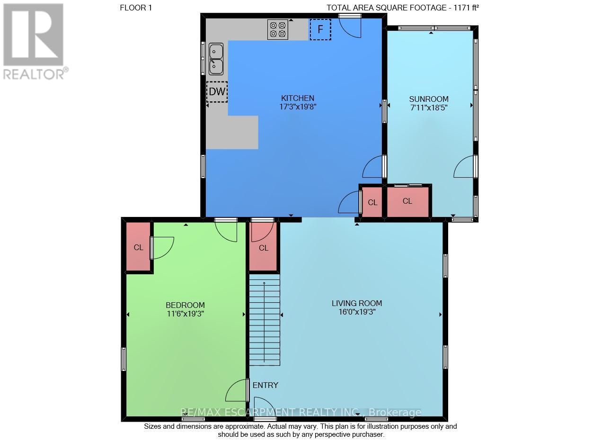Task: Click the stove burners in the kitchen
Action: point(278,29)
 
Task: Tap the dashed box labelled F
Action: point(320,29)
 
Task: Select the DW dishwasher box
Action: point(217,92)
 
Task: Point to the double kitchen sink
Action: point(216,59)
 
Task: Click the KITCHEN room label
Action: point(298,98)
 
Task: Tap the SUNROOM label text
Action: point(429,99)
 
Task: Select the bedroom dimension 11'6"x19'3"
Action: point(186,314)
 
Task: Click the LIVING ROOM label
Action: point(357,304)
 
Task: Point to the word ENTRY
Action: point(265,385)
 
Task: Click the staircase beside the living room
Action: point(265,320)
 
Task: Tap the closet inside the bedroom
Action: point(138,246)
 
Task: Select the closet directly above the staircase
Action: point(263,246)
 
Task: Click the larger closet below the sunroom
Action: point(407,202)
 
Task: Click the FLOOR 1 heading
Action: point(136,8)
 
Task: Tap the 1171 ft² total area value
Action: point(466,8)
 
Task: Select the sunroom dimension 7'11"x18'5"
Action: point(429,108)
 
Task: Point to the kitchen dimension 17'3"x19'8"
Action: point(298,107)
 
